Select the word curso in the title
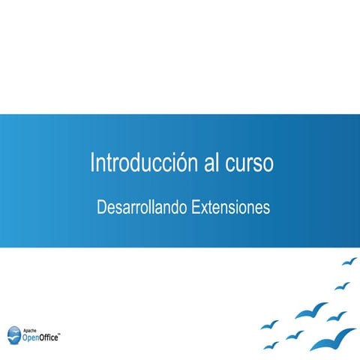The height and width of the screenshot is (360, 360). [x=249, y=163]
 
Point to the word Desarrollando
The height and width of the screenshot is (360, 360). [x=141, y=207]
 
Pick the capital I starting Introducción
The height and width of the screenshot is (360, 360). [x=92, y=163]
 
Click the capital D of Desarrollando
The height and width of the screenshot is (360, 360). [x=102, y=207]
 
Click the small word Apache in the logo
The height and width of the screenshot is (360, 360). [x=31, y=329]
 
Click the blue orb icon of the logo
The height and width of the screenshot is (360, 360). [x=14, y=334]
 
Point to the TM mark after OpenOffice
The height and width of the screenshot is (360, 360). [x=61, y=334]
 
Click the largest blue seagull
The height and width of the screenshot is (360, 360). [x=332, y=338]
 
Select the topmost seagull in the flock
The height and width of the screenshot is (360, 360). [x=349, y=262]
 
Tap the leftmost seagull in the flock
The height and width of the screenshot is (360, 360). [x=269, y=325]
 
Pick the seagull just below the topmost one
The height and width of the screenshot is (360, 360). [x=342, y=286]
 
